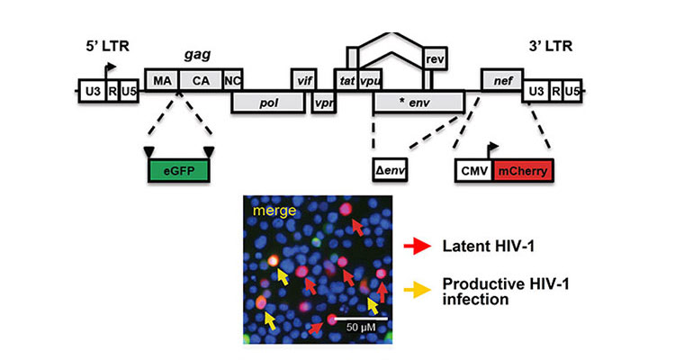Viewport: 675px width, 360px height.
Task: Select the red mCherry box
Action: point(523,169)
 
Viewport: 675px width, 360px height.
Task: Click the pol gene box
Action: point(268,102)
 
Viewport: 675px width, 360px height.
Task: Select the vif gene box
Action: point(304,79)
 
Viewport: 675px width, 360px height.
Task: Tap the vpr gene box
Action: point(321,102)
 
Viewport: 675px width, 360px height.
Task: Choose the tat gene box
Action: point(346,79)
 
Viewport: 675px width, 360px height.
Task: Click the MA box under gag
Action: point(162,79)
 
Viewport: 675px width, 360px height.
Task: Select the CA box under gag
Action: point(201,79)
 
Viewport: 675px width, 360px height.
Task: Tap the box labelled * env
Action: point(419,101)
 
